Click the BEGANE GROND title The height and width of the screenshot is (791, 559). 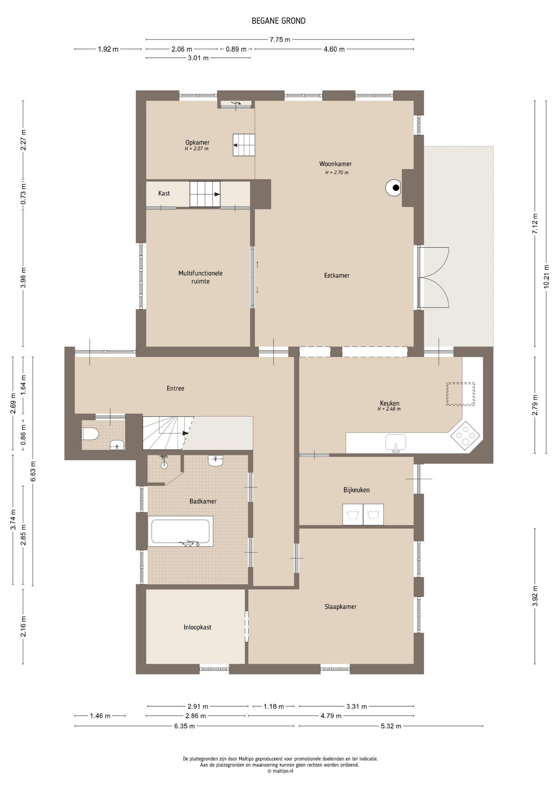pyautogui.click(x=279, y=21)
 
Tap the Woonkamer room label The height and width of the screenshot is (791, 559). pyautogui.click(x=335, y=164)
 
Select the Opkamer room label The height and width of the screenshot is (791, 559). pyautogui.click(x=197, y=143)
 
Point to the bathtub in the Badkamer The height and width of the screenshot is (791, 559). pyautogui.click(x=180, y=531)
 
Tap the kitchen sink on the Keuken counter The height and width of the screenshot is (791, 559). pyautogui.click(x=396, y=443)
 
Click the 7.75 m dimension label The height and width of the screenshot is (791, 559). pyautogui.click(x=280, y=40)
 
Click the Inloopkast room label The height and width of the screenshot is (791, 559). pyautogui.click(x=198, y=627)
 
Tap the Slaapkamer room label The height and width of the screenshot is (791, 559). pyautogui.click(x=340, y=606)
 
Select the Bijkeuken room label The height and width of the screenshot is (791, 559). pyautogui.click(x=356, y=490)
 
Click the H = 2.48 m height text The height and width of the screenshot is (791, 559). pyautogui.click(x=389, y=409)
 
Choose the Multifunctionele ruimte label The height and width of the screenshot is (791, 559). pyautogui.click(x=200, y=277)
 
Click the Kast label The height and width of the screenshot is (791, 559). pyautogui.click(x=164, y=193)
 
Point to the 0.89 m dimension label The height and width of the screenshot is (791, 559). pyautogui.click(x=236, y=49)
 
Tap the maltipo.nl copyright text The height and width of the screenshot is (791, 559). pyautogui.click(x=280, y=771)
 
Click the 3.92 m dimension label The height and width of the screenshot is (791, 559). pyautogui.click(x=535, y=596)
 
